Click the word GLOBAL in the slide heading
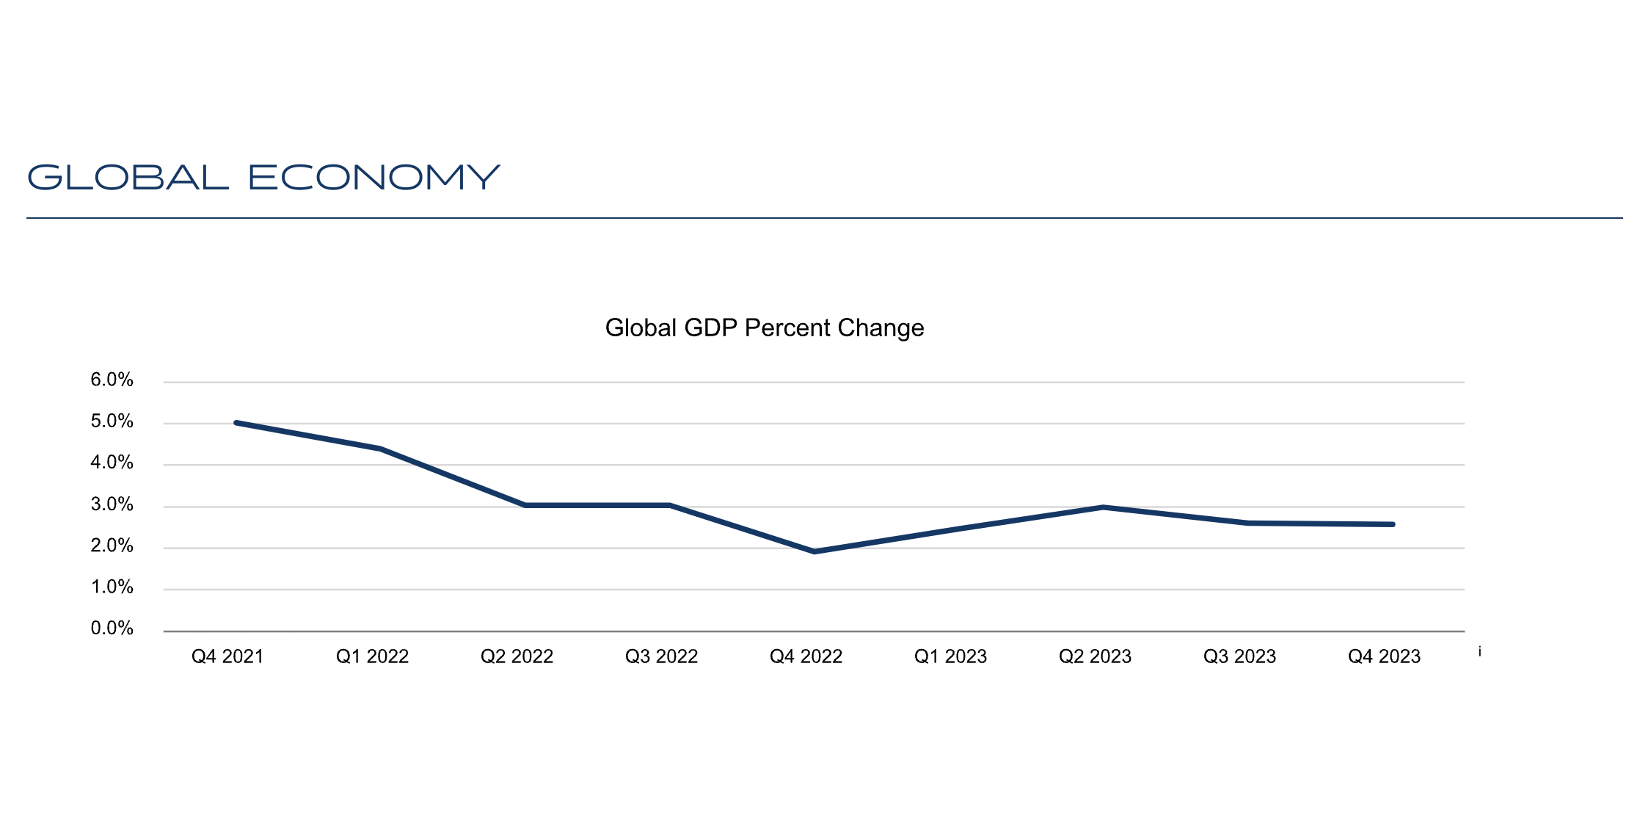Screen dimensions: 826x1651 128,178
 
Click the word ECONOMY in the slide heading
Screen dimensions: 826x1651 374,178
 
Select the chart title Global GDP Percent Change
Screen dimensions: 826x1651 764,327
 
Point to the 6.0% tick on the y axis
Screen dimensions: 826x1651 112,380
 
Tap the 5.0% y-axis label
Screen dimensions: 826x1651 112,421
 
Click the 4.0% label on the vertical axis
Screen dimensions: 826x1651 112,463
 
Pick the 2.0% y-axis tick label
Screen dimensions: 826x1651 112,546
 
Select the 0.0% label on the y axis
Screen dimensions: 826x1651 112,628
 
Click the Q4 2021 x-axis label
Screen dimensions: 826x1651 227,656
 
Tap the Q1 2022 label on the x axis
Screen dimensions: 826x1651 372,656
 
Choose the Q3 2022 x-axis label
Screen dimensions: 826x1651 661,656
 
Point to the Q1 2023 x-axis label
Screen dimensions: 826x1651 950,656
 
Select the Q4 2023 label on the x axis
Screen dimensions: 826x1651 1384,656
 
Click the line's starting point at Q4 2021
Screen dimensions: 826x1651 236,423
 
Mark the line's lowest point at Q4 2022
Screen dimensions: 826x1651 814,551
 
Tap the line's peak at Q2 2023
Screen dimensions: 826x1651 1103,507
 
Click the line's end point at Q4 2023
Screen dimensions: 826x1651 1392,524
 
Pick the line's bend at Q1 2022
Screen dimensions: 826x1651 380,449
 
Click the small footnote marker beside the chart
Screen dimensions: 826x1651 1480,652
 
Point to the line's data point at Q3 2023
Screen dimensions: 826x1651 1247,523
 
